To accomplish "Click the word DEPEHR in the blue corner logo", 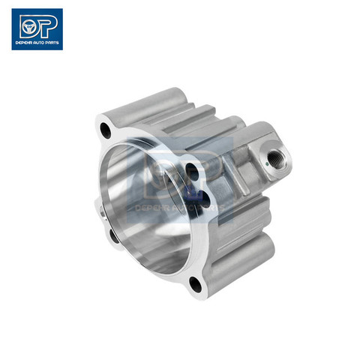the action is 23,43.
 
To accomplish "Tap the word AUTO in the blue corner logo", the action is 38,43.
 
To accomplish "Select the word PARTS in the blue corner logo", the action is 52,43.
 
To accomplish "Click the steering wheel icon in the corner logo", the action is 28,27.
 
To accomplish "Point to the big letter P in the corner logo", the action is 46,25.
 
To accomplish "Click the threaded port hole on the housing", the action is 274,157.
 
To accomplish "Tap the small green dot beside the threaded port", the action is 267,164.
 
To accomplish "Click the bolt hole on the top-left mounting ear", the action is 106,130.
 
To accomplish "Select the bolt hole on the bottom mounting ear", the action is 195,284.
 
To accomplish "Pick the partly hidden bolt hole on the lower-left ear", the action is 114,236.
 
